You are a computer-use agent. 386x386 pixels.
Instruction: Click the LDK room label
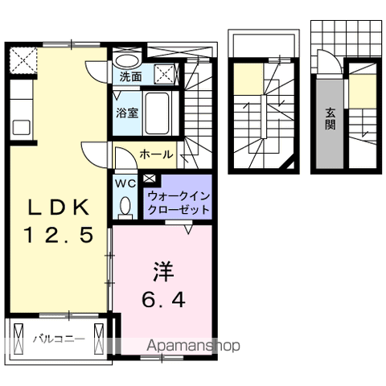point(56,207)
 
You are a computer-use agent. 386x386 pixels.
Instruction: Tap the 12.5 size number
point(58,235)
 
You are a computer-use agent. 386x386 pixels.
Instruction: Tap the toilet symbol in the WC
point(126,207)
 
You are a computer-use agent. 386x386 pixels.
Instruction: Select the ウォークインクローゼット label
point(178,202)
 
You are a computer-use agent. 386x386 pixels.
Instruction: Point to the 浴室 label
point(127,113)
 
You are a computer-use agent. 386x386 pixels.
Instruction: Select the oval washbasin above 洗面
point(125,60)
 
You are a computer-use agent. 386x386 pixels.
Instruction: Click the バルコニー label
point(58,339)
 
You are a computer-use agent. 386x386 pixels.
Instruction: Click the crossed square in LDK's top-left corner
point(23,60)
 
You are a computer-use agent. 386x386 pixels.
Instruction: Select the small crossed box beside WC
point(150,178)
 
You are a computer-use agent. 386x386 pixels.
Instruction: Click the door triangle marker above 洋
point(188,230)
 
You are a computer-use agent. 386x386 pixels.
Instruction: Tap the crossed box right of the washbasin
point(165,73)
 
